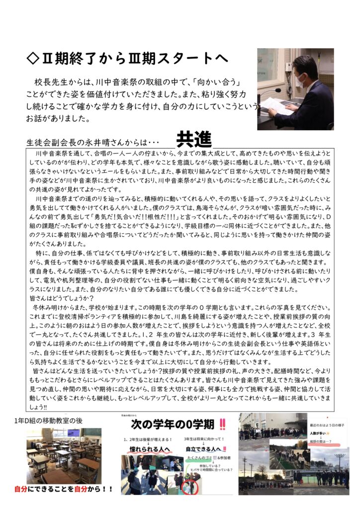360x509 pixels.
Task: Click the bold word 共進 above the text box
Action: coord(194,140)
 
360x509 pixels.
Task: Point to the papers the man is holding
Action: coord(276,105)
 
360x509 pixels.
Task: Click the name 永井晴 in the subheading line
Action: coord(95,141)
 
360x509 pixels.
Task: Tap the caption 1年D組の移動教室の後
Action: coord(49,421)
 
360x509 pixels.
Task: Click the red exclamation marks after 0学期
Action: coord(222,424)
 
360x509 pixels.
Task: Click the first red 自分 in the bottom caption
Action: coord(21,489)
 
